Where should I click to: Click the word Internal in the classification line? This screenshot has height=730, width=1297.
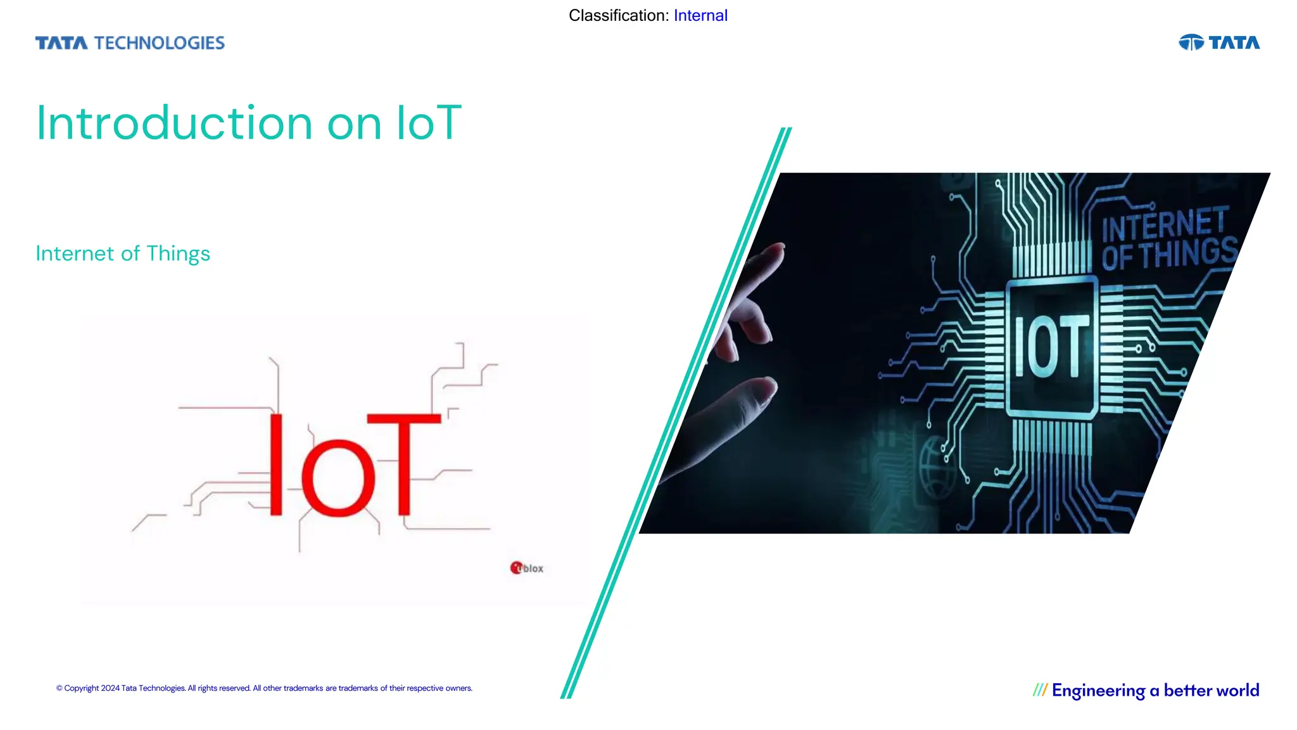(700, 15)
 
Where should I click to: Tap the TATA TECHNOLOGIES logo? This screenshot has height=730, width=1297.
(130, 42)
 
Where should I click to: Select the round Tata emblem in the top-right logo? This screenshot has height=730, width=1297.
(1191, 42)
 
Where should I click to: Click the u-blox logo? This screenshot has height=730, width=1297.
(527, 568)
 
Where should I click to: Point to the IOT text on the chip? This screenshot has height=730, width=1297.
(1051, 347)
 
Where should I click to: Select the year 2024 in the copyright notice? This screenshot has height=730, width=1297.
(110, 688)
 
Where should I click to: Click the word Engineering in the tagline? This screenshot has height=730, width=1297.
(1098, 690)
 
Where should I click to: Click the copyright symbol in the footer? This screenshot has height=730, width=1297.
(60, 688)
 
